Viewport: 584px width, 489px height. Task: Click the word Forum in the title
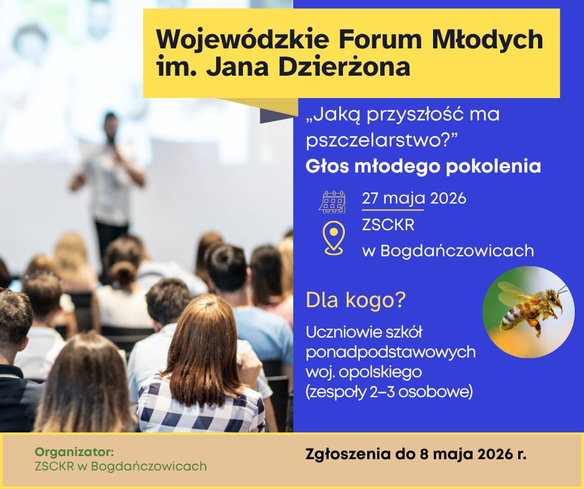(x=380, y=40)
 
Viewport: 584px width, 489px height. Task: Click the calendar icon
(x=332, y=202)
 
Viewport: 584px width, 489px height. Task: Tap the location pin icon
(x=334, y=238)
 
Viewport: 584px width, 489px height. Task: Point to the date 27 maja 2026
(x=414, y=199)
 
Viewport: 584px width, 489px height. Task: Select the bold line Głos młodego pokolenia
(x=423, y=167)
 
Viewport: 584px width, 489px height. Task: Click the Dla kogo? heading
(x=355, y=300)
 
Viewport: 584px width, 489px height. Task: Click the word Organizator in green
(x=74, y=452)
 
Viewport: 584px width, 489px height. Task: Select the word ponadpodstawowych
(x=391, y=352)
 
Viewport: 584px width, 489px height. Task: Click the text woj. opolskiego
(x=364, y=372)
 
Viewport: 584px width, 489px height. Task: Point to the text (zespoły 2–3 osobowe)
(x=389, y=392)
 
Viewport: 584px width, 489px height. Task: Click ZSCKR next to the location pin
(x=388, y=225)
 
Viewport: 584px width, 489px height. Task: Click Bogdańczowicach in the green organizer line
(x=148, y=466)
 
